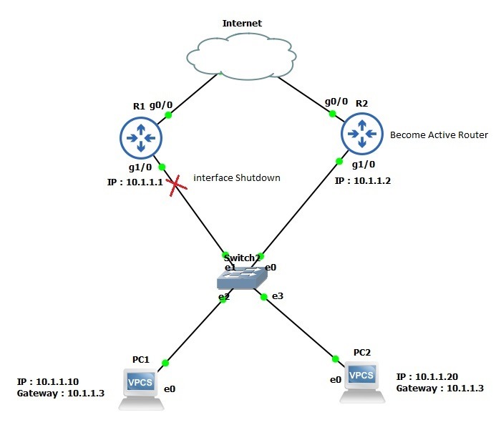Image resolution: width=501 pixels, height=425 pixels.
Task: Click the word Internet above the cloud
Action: tap(242, 23)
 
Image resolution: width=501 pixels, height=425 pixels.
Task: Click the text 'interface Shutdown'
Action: tap(236, 177)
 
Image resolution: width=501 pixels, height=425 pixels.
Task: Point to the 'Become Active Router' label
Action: tap(438, 135)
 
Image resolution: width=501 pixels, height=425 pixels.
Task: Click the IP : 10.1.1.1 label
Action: tap(135, 182)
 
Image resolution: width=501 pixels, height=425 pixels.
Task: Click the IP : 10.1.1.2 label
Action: tap(362, 182)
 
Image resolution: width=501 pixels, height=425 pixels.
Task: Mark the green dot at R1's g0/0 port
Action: tap(168, 114)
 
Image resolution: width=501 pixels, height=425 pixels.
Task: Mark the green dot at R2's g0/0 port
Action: tap(331, 113)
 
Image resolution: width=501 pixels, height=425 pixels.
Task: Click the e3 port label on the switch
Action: tap(276, 295)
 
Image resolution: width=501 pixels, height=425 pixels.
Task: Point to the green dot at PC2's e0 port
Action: tap(334, 358)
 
